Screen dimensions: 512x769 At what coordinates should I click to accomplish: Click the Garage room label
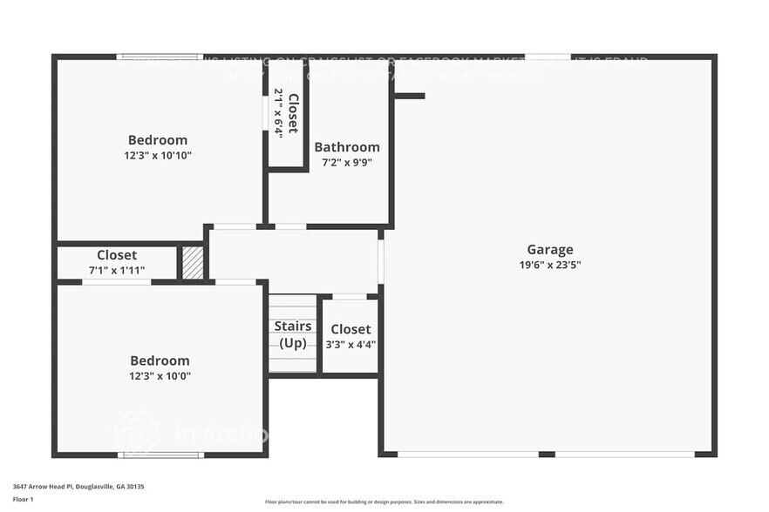coord(549,249)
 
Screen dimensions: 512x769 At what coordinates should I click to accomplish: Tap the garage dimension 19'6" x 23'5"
coord(549,265)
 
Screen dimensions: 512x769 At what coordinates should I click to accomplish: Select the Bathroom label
coord(347,147)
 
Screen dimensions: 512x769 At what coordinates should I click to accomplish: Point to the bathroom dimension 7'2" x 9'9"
coord(347,162)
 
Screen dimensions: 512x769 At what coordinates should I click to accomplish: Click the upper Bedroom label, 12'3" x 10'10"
coord(158,139)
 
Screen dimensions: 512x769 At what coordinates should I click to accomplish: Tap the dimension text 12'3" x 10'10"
coord(158,155)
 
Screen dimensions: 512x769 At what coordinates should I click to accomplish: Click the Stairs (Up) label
coord(293,334)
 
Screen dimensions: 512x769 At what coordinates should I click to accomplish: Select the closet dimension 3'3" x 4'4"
coord(350,343)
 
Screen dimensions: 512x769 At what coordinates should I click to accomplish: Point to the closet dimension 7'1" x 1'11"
coord(117,271)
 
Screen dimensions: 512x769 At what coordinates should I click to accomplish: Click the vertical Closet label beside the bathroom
coord(293,113)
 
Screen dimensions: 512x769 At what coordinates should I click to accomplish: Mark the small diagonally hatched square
coord(193,263)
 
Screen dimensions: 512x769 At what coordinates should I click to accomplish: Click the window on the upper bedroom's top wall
coord(160,57)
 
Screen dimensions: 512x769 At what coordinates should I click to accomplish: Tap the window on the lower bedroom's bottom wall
coord(160,455)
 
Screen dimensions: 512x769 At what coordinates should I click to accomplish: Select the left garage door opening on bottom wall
coord(467,455)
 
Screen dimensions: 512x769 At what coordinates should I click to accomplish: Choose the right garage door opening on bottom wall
coord(624,455)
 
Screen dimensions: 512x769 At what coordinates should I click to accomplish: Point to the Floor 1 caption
coord(23,499)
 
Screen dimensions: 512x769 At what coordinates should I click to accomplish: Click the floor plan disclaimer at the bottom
coord(384,502)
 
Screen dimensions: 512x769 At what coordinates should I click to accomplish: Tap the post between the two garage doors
coord(547,455)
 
